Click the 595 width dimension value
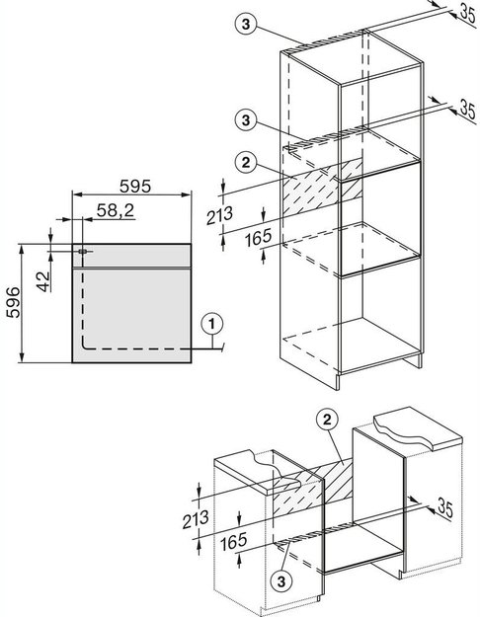point(135,187)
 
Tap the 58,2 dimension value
point(116,211)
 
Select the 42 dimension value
point(44,281)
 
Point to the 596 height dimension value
point(13,302)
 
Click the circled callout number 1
point(211,324)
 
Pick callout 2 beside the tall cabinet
point(246,162)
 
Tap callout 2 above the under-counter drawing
point(327,421)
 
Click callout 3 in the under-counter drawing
point(281,580)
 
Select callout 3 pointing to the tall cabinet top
point(246,24)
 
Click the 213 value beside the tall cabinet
point(219,215)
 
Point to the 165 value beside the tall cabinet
point(259,238)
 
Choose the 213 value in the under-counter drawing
point(196,519)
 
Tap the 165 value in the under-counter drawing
point(233,541)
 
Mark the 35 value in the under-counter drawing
point(445,508)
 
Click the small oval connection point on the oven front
point(82,251)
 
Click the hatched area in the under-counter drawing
point(313,488)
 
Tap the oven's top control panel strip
point(131,256)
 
